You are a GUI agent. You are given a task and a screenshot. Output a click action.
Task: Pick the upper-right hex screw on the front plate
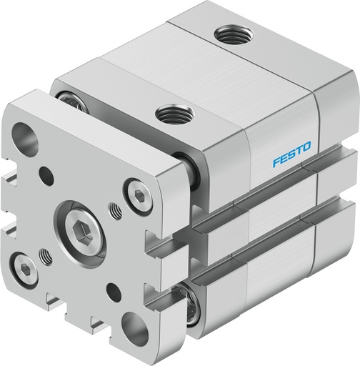tap(136, 191)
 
